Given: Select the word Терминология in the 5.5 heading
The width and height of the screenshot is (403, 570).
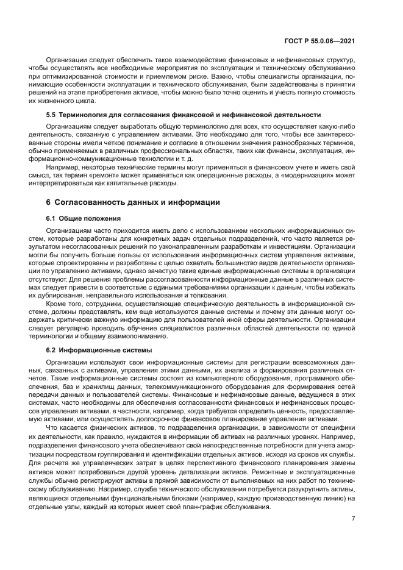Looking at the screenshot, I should [x=82, y=114].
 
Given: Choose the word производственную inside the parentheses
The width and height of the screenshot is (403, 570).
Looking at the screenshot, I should [x=297, y=499].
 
